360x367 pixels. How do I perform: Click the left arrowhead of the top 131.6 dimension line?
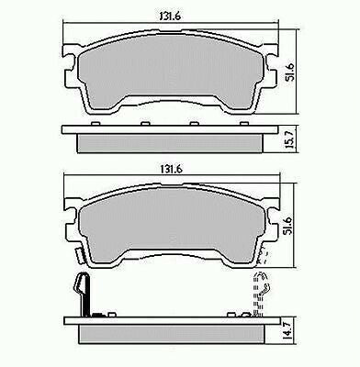point(64,25)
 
